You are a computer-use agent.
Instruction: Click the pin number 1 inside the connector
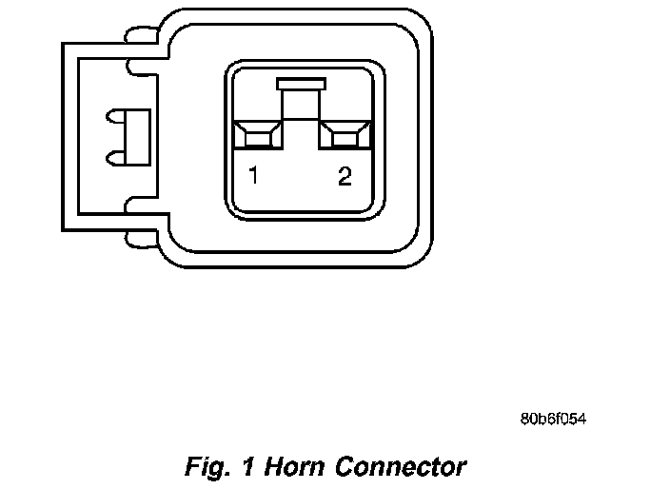(253, 175)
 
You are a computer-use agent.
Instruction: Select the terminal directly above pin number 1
(257, 135)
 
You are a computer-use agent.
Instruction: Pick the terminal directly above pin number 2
(345, 135)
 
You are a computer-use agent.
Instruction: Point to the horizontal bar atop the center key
(300, 84)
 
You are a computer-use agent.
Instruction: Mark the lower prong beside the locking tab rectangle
(117, 152)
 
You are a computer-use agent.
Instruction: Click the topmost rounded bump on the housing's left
(139, 36)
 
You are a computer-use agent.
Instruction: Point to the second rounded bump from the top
(139, 66)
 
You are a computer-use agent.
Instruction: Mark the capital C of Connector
(345, 467)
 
